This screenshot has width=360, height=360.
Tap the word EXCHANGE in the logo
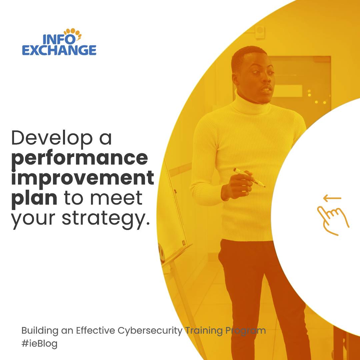point(59,50)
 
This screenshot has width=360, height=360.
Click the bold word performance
point(79,158)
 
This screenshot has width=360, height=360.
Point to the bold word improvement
point(83,178)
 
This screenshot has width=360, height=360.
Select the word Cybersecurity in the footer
point(150,331)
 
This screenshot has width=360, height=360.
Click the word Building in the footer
point(40,331)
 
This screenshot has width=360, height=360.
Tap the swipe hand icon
point(332,219)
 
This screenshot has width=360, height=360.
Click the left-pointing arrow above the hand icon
point(332,199)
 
